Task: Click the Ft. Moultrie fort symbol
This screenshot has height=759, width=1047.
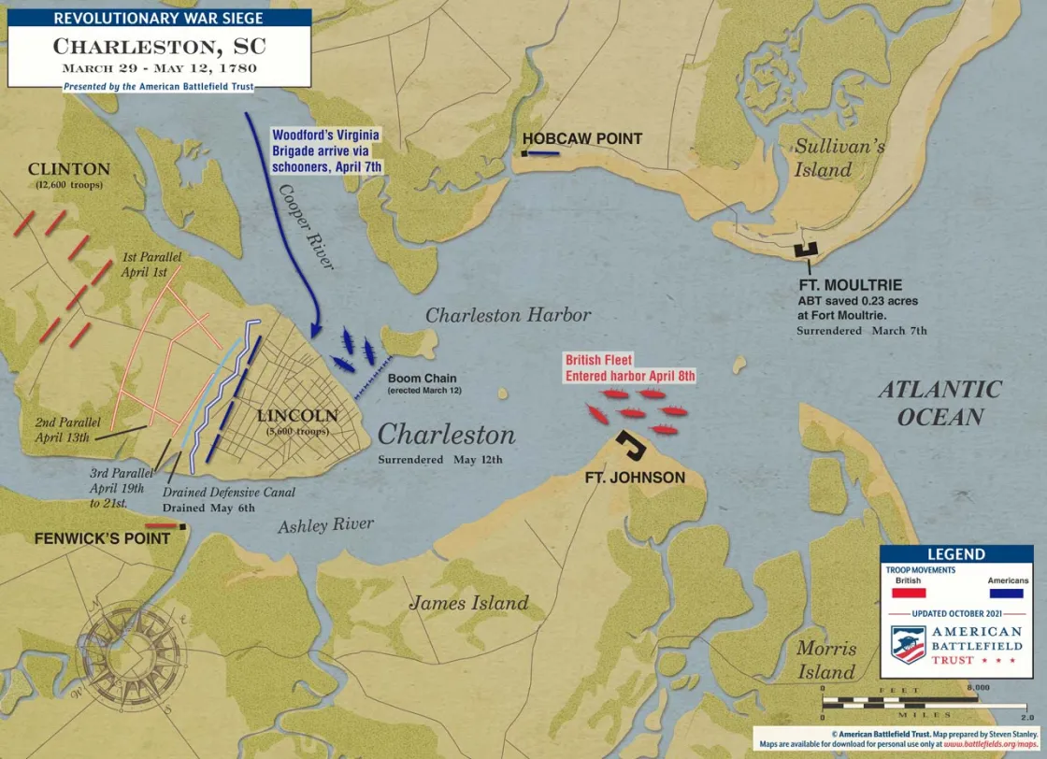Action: [804, 249]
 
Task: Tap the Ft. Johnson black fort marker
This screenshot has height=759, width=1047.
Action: [633, 446]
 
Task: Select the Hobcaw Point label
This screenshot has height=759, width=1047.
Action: [581, 139]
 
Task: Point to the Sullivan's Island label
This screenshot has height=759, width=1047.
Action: [826, 158]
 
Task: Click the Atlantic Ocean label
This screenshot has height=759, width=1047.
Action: [939, 403]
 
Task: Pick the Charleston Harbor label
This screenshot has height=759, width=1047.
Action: [509, 315]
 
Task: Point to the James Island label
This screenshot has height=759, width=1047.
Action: [468, 603]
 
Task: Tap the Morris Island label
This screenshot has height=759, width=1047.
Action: [826, 660]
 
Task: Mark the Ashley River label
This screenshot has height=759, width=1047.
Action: [325, 525]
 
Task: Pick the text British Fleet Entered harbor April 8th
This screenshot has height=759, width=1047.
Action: [629, 367]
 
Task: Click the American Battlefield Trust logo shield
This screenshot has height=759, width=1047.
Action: [906, 644]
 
